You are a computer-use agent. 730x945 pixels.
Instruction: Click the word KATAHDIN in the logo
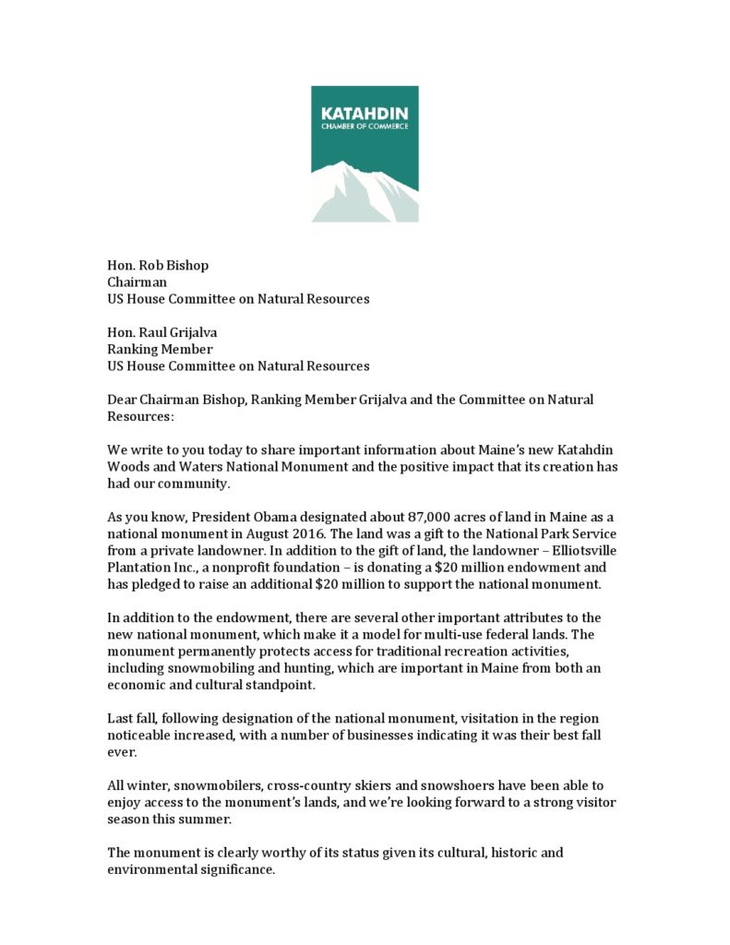(x=365, y=112)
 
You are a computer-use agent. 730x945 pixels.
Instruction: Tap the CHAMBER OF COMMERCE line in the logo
(x=365, y=126)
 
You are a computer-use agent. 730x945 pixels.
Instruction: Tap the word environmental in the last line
(x=154, y=869)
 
